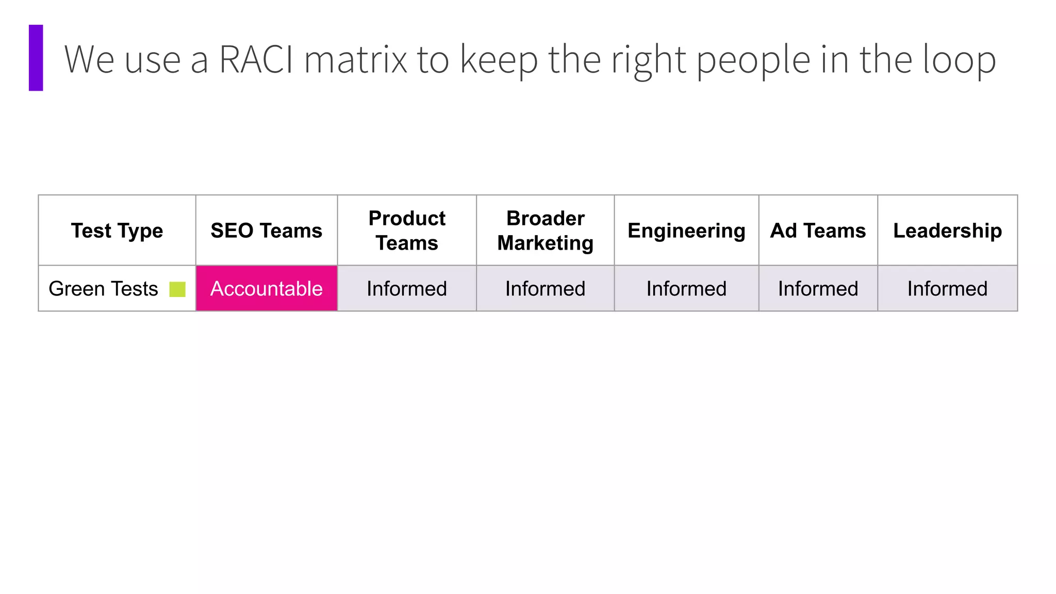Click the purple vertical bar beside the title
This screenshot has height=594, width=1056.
[x=36, y=58]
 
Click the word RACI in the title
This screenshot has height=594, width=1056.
[x=256, y=60]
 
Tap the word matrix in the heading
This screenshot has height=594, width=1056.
[x=356, y=60]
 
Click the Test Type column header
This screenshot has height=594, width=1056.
[x=117, y=230]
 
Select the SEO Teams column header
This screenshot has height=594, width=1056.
[x=267, y=230]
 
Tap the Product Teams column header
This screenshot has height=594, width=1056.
[x=407, y=230]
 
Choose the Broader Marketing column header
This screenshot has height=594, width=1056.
[x=546, y=230]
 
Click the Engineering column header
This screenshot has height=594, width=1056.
[x=686, y=230]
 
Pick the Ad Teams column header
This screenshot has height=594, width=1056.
[x=818, y=230]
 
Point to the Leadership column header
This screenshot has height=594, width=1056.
[x=948, y=230]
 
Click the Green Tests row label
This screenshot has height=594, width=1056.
[x=103, y=289]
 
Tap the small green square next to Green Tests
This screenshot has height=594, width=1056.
[x=177, y=289]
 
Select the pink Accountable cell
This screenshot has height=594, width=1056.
[x=267, y=289]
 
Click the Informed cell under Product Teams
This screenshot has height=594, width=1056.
[x=407, y=289]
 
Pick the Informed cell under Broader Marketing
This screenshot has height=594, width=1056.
[x=546, y=289]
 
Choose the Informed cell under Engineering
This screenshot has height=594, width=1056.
[x=686, y=289]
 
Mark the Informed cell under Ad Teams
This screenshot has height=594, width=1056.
[x=818, y=289]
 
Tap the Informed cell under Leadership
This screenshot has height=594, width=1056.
[x=948, y=289]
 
